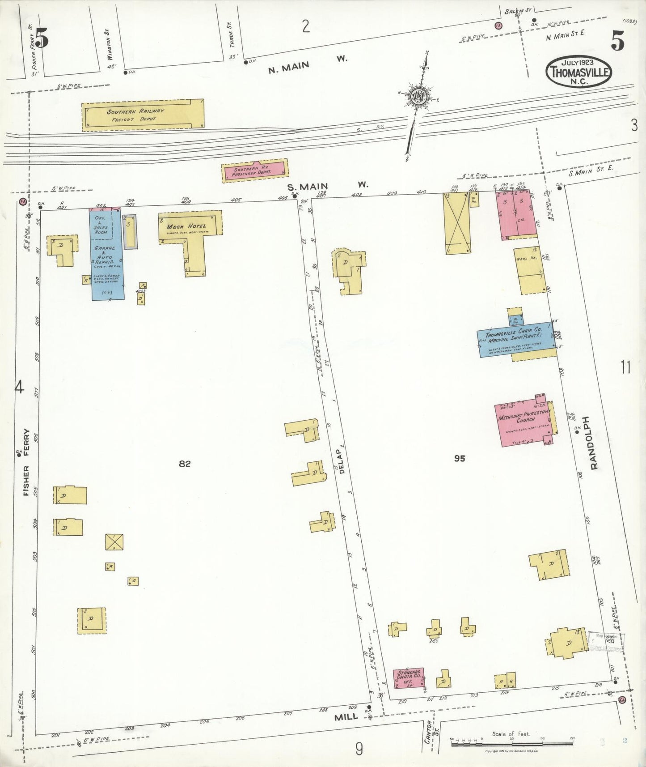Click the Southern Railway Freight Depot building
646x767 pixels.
[143, 115]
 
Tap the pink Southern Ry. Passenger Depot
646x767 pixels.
[255, 171]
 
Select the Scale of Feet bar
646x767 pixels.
[511, 740]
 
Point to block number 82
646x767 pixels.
[184, 464]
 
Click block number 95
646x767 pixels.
[459, 458]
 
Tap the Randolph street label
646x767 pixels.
[593, 443]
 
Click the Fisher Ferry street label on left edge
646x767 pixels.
[26, 463]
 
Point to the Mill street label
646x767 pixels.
[346, 716]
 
